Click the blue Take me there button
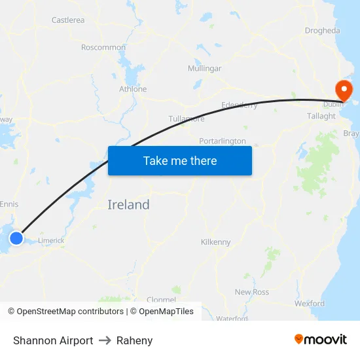(180, 160)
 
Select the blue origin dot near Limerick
(16, 238)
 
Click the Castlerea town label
(68, 20)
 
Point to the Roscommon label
(103, 47)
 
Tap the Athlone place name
(133, 89)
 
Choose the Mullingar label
(204, 69)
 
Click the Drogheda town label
(322, 31)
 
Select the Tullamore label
(187, 118)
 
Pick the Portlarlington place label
(223, 141)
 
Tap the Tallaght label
(321, 116)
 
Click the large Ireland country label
(128, 205)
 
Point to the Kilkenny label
(216, 242)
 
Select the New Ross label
(252, 292)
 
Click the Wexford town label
(310, 304)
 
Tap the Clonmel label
(161, 300)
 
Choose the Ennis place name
(9, 204)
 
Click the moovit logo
(321, 340)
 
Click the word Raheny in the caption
(134, 340)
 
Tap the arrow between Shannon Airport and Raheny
(105, 340)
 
